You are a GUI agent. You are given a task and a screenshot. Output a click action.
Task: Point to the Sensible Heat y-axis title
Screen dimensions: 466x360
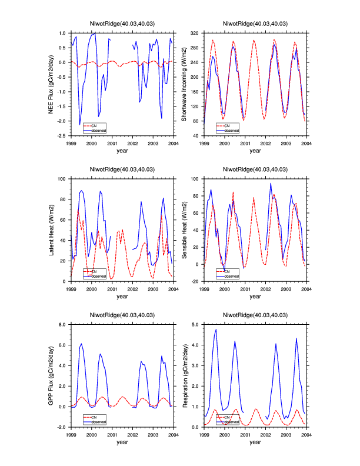[185, 229]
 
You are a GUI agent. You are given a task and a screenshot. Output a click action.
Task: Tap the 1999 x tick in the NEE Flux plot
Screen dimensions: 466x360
[71, 143]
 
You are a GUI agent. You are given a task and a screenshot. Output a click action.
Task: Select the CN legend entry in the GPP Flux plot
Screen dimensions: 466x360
[95, 415]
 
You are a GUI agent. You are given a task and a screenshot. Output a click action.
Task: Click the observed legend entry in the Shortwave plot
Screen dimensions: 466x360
[232, 130]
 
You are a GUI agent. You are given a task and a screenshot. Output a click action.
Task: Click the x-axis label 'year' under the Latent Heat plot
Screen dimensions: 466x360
[122, 296]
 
